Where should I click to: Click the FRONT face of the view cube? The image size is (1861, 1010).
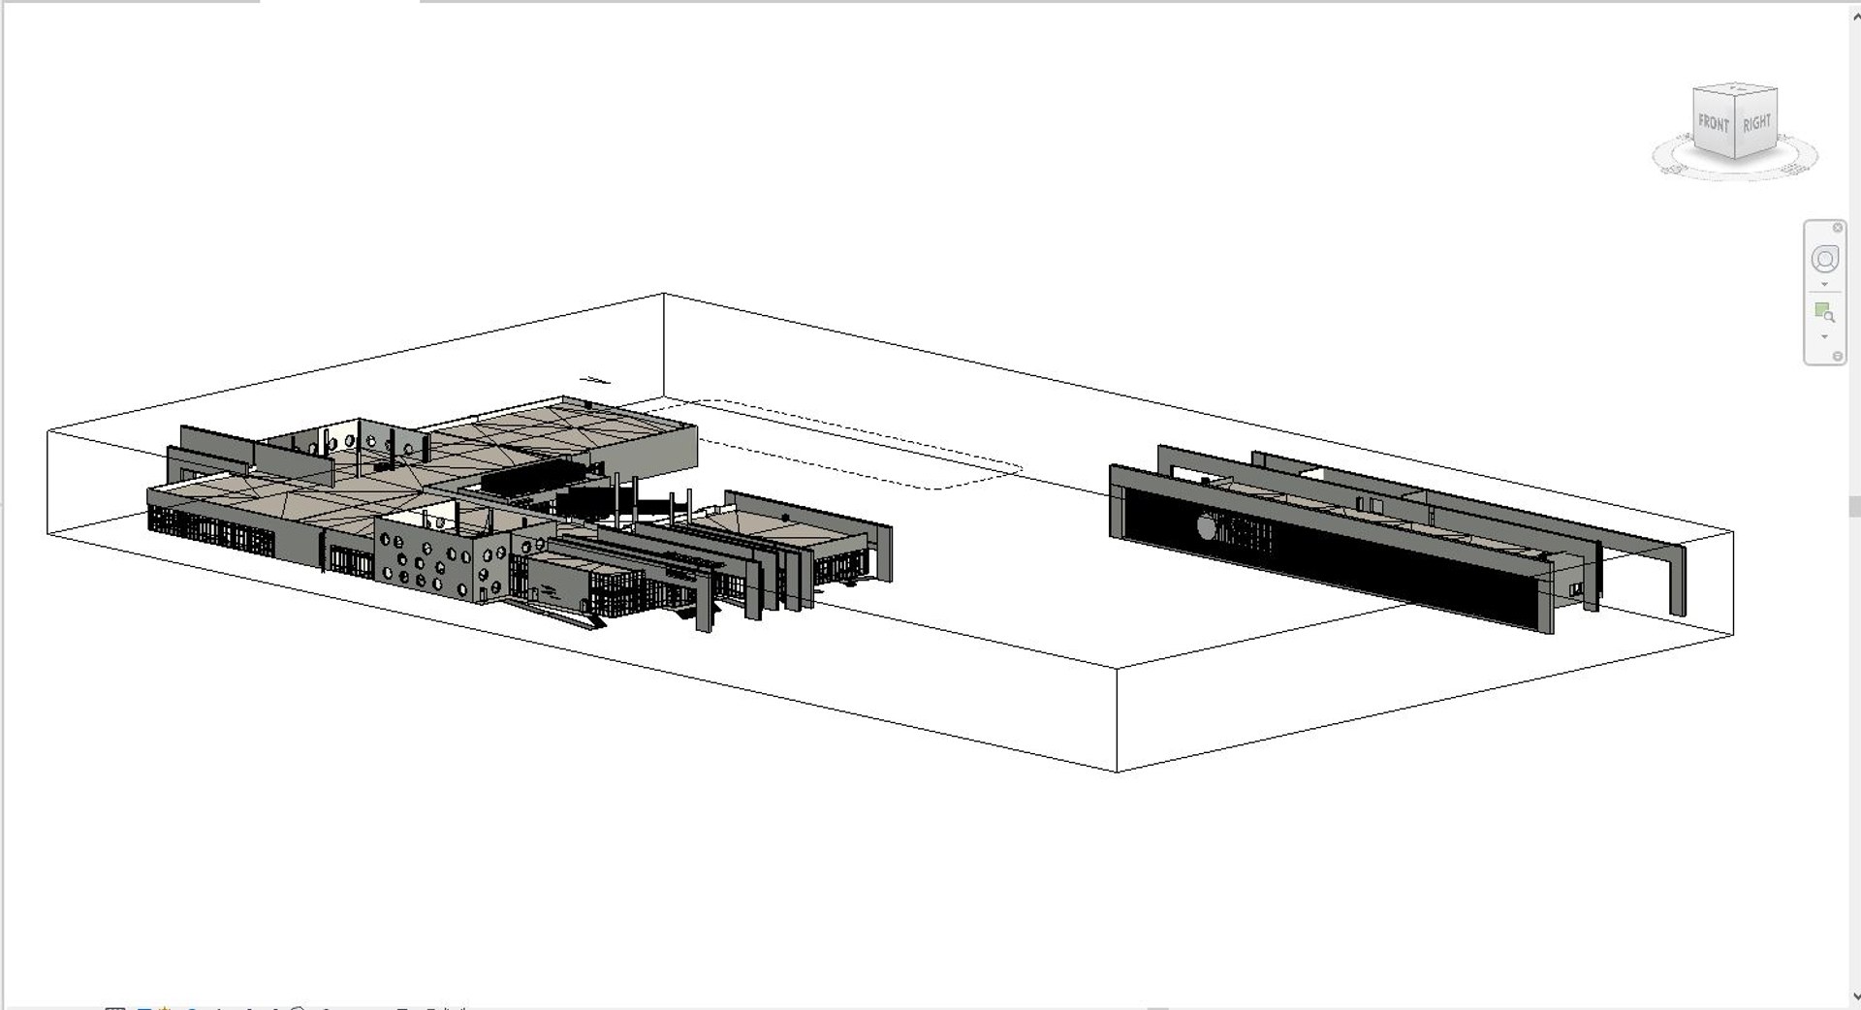(1713, 124)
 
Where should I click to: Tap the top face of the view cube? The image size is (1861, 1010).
(1735, 88)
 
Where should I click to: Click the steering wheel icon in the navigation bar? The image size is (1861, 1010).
(1824, 260)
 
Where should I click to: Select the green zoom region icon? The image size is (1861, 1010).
(1824, 312)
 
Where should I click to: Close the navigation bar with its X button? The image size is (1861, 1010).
(1837, 228)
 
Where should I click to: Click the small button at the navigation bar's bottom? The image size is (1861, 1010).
(1837, 357)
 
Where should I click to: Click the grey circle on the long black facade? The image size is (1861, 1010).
(1208, 526)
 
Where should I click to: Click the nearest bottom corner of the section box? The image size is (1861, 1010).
(1118, 772)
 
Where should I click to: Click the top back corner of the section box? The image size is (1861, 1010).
(664, 293)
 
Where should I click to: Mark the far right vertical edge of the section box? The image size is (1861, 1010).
(1733, 583)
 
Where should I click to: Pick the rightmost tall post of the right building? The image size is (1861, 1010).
(1678, 583)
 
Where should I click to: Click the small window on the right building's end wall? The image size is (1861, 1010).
(1577, 587)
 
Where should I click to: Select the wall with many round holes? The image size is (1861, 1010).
(442, 561)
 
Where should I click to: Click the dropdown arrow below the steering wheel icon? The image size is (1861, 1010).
(1824, 285)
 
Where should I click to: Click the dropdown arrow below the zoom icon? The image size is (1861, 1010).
(1824, 336)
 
